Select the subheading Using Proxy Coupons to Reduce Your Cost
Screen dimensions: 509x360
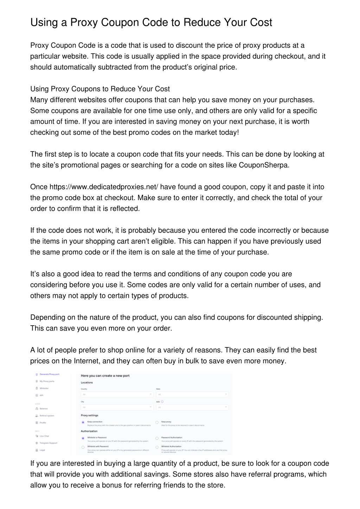pos(100,89)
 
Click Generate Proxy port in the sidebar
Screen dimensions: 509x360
pos(49,374)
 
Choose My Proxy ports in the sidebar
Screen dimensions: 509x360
pos(47,381)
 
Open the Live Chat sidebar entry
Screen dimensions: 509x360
pos(44,436)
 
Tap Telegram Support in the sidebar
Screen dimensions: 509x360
pos(48,443)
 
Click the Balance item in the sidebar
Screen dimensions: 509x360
pos(44,409)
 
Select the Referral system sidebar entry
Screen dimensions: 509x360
pos(47,416)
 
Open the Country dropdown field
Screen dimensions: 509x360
pos(117,394)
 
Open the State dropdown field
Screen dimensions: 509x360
pos(192,394)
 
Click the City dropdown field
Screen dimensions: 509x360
pos(117,407)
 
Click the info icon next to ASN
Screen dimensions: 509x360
pos(162,402)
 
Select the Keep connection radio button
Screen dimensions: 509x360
pos(83,422)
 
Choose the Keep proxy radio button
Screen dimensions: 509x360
pos(157,422)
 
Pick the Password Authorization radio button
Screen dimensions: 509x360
pos(157,438)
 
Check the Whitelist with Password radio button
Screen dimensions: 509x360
pos(83,447)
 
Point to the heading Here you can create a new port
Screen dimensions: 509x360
pos(105,376)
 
